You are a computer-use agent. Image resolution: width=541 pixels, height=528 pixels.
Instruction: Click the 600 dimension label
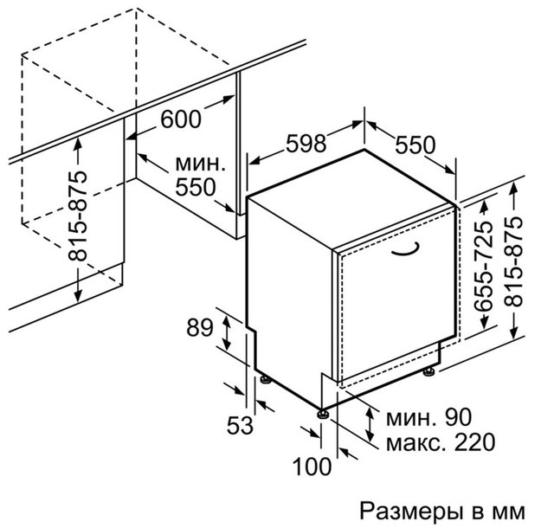[x=181, y=119]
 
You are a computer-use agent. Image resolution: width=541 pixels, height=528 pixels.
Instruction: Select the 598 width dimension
[x=306, y=143]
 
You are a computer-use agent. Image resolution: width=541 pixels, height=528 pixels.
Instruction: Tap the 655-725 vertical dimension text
[x=483, y=266]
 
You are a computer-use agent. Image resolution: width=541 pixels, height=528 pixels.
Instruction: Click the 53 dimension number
[x=240, y=425]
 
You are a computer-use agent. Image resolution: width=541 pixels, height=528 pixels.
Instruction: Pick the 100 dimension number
[x=312, y=467]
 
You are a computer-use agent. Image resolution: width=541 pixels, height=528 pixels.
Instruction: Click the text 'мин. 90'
[x=428, y=417]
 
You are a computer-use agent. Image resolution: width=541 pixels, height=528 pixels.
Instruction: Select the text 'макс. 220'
[x=441, y=442]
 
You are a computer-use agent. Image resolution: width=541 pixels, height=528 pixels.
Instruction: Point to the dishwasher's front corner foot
[x=323, y=414]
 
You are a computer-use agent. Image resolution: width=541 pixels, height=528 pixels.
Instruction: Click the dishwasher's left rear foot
[x=266, y=379]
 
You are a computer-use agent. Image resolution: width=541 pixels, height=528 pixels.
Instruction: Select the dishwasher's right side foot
[x=429, y=371]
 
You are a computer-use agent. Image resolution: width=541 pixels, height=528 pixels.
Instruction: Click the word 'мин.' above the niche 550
[x=201, y=164]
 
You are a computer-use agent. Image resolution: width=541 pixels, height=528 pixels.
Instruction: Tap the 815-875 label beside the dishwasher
[x=513, y=261]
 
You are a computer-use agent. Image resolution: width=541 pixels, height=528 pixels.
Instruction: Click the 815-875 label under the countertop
[x=77, y=216]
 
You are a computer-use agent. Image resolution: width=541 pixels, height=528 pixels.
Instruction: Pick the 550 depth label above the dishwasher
[x=415, y=145]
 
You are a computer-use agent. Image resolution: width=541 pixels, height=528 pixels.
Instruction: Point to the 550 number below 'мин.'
[x=196, y=187]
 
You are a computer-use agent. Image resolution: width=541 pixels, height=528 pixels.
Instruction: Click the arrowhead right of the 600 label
[x=229, y=100]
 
